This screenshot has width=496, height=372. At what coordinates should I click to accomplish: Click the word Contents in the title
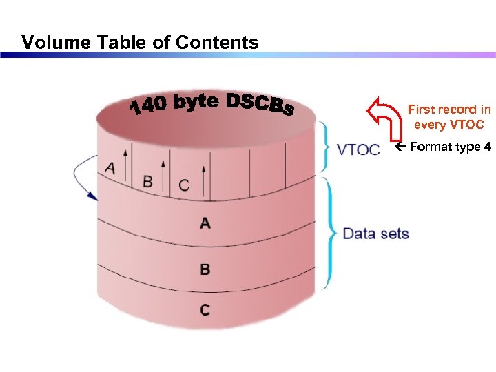(x=217, y=43)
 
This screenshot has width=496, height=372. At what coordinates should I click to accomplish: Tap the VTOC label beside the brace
(x=358, y=149)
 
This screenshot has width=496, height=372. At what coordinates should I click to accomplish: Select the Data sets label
(x=375, y=234)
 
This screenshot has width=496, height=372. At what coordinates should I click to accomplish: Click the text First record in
(x=448, y=110)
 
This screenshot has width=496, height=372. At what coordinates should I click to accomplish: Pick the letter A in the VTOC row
(x=110, y=167)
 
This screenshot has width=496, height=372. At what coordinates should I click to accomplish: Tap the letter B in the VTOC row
(x=147, y=181)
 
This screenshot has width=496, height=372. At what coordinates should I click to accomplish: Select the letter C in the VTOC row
(x=183, y=185)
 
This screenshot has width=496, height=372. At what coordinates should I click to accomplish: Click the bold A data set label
(x=205, y=223)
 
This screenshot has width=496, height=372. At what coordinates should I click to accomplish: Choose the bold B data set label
(x=205, y=269)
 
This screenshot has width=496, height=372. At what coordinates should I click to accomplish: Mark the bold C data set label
(x=205, y=310)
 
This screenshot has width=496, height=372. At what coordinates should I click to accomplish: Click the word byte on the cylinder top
(x=197, y=101)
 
